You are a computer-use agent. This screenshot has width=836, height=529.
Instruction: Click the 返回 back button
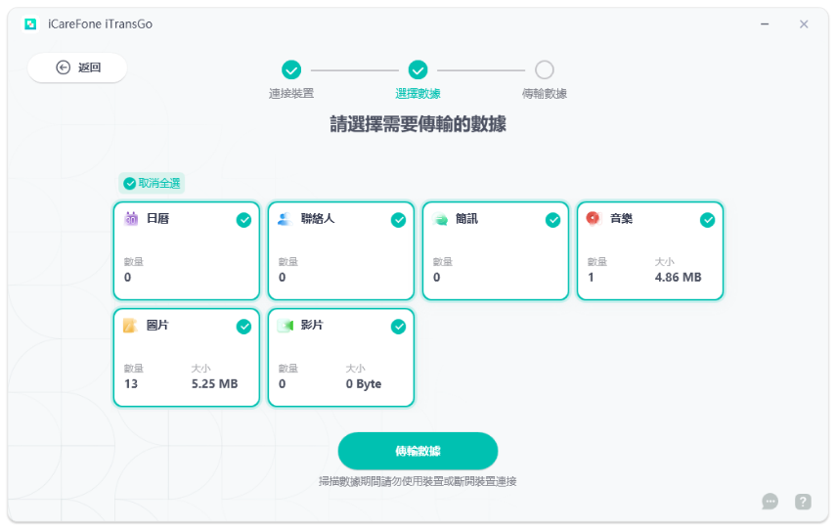[77, 67]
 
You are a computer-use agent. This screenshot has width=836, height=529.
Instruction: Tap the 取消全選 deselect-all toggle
[152, 183]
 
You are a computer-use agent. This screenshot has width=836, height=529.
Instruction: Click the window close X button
[803, 24]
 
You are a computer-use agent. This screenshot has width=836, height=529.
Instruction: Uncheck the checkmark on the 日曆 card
[243, 220]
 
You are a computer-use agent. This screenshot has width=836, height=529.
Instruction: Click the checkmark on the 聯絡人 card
[398, 220]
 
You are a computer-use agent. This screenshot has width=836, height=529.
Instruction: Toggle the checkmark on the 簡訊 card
[552, 220]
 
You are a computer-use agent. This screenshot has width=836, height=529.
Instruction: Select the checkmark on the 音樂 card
[707, 220]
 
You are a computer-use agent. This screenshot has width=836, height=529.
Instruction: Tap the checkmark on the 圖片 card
[243, 327]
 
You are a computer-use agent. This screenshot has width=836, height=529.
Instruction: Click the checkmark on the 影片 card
[398, 327]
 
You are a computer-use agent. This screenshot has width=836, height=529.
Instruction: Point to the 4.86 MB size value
[678, 278]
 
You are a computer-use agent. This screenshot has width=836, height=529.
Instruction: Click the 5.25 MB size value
[214, 384]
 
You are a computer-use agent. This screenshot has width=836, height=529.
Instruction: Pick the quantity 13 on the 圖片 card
[131, 384]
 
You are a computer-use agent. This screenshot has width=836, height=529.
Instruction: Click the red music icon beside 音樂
[594, 218]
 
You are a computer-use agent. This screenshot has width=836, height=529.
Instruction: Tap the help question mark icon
[803, 502]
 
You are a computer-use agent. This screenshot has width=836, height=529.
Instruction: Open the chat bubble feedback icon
[770, 502]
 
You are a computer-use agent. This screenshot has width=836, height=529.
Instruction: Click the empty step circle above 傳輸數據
[545, 70]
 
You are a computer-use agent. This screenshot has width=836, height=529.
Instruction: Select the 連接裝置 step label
[291, 94]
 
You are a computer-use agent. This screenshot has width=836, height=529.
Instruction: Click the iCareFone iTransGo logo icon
[30, 24]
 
